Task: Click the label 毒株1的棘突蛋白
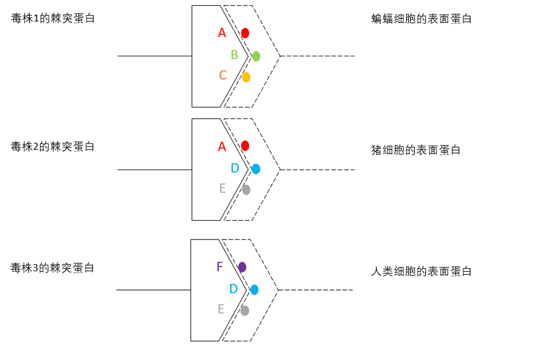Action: (53, 18)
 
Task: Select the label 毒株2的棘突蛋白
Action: (53, 147)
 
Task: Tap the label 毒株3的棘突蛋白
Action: (53, 268)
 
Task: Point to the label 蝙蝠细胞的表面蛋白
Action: (421, 19)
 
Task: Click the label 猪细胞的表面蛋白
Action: (416, 150)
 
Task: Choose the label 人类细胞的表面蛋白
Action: (421, 271)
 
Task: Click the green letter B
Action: (234, 55)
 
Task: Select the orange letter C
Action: (223, 75)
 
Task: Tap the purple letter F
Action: (220, 267)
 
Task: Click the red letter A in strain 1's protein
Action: (222, 33)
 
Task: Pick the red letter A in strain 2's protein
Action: (222, 147)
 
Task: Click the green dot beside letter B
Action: (256, 56)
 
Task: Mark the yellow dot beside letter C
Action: (246, 77)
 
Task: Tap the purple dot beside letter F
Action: (242, 267)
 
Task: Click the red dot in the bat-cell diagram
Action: (245, 33)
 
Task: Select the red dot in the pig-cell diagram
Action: (245, 146)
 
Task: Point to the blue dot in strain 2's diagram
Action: (256, 169)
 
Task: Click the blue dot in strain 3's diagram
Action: (254, 289)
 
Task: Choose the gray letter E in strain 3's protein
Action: (221, 309)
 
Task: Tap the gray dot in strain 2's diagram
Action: (246, 189)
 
